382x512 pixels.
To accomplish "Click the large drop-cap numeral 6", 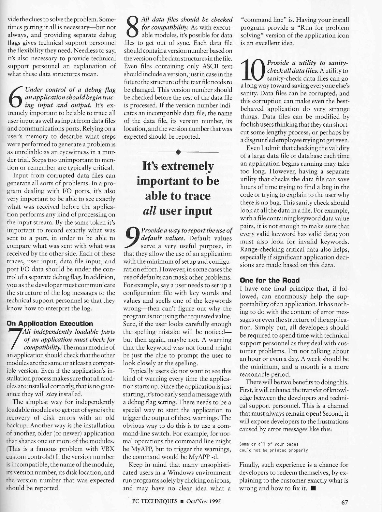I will pyautogui.click(x=15, y=97).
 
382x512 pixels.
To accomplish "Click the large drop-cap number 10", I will pyautogui.click(x=253, y=71).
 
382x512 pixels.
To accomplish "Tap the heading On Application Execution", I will pyautogui.click(x=50, y=323).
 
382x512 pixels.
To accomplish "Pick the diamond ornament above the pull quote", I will pyautogui.click(x=178, y=152).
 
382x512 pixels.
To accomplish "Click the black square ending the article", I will pyautogui.click(x=313, y=488).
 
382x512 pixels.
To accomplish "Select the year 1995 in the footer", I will pyautogui.click(x=213, y=501).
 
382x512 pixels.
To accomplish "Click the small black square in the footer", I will pyautogui.click(x=182, y=502).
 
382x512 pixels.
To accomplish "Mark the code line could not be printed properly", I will pyautogui.click(x=273, y=450).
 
